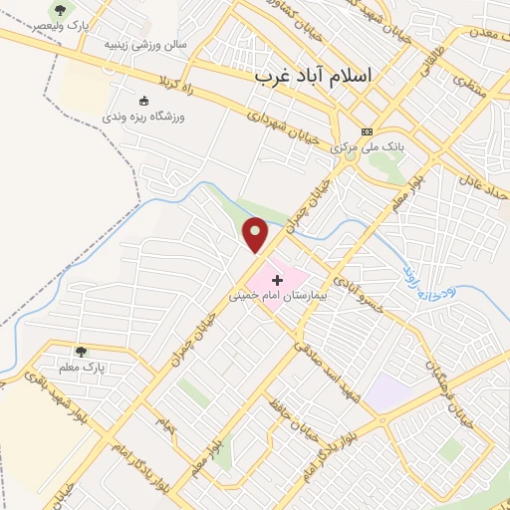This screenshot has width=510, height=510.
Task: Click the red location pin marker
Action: point(256,234)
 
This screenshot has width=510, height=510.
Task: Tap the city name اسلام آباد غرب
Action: point(311,76)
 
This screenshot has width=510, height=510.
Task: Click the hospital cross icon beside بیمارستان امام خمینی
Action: point(277,282)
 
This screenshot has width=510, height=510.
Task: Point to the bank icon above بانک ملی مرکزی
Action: point(367,131)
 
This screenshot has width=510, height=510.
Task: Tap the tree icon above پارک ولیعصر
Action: point(61,9)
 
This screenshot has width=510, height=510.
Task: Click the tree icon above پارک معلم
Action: point(81,352)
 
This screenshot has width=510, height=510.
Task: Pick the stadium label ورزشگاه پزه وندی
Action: point(150,116)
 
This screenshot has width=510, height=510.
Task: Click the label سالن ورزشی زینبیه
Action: point(147,46)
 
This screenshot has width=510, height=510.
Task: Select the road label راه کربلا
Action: point(166,77)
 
